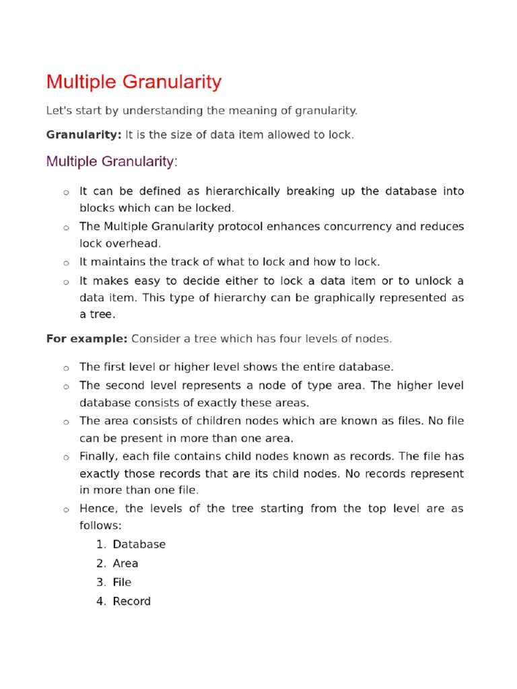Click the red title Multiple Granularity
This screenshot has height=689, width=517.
point(133,82)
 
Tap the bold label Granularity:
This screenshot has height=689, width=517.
point(83,135)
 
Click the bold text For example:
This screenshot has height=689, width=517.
point(86,338)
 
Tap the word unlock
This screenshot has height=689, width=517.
point(432,280)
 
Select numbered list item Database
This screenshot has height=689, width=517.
point(139,544)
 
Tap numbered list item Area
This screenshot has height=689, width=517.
point(125,563)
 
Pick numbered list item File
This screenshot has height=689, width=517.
point(122,582)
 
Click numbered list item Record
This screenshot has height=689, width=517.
point(131,601)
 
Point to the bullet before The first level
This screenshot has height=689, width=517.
point(66,368)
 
